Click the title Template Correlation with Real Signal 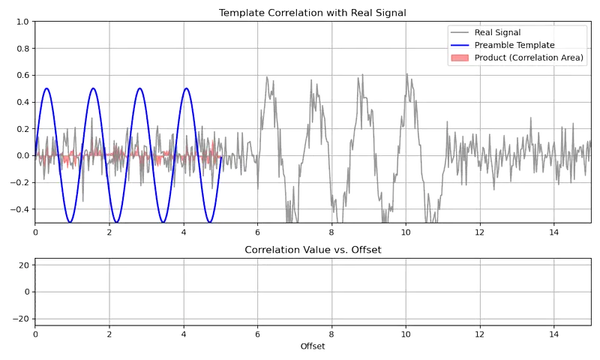pos(313,13)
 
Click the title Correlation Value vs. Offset pos(313,250)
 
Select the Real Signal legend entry pos(498,32)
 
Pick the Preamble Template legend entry pos(514,45)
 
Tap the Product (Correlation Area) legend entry pos(529,58)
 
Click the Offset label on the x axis pos(313,346)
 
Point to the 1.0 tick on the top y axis pos(22,22)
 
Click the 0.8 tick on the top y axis pos(22,49)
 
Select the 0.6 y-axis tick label pos(22,75)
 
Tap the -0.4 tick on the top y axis pos(20,208)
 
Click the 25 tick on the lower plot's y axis pos(24,265)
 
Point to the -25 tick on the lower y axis pos(22,319)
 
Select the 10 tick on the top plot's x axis pos(406,232)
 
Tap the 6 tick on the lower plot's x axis pos(257,334)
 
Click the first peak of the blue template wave pos(46,88)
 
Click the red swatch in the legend pos(460,58)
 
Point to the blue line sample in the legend pos(460,45)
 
